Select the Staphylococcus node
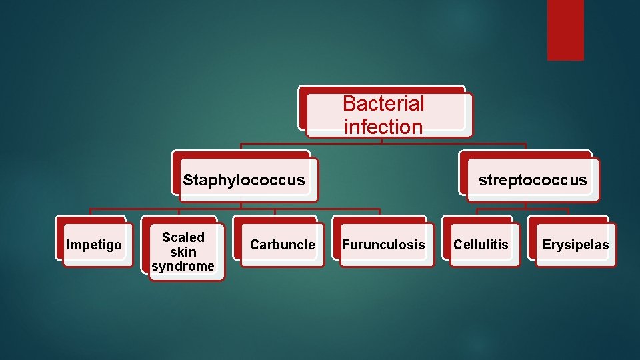(244, 179)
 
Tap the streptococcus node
(532, 179)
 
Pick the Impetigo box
(95, 244)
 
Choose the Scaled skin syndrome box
(183, 251)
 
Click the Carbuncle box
(282, 244)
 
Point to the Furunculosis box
(383, 244)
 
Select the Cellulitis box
(481, 244)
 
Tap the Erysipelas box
(575, 244)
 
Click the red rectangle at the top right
(565, 29)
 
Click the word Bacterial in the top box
(383, 103)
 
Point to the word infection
(383, 127)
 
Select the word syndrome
(183, 267)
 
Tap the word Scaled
(183, 237)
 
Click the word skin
(183, 252)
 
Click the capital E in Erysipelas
(546, 245)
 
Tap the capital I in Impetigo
(69, 245)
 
